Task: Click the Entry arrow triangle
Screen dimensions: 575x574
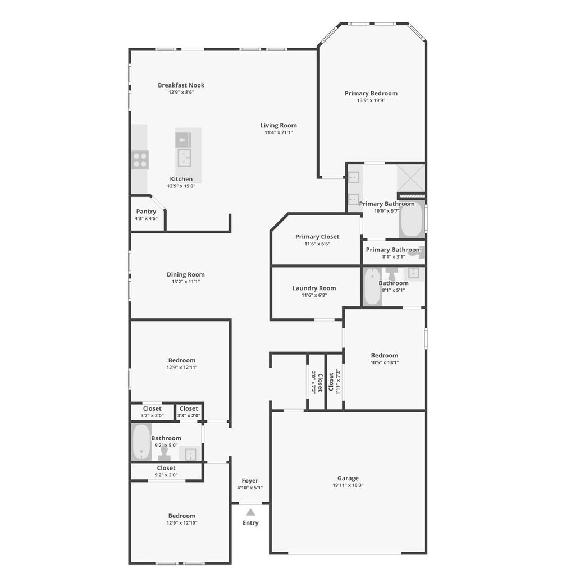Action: [x=250, y=512]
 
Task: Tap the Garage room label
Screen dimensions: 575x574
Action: [x=348, y=478]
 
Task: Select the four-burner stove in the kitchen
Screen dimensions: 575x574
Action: [x=140, y=160]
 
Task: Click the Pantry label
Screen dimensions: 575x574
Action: [x=146, y=212]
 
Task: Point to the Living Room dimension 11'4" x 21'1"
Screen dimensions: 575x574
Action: [x=279, y=132]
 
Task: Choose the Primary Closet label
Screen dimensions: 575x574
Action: [x=317, y=237]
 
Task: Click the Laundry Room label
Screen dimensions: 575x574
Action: [x=314, y=288]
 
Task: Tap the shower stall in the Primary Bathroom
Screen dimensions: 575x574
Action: [x=410, y=178]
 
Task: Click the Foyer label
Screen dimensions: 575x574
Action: [x=250, y=480]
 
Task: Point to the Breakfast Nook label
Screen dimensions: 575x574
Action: [x=181, y=85]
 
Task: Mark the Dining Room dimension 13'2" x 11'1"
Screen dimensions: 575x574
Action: [x=186, y=282]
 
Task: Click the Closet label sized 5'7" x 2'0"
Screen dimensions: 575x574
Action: [x=152, y=408]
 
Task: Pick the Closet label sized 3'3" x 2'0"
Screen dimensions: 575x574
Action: [x=189, y=408]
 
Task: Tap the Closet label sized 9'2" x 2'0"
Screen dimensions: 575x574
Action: [x=166, y=468]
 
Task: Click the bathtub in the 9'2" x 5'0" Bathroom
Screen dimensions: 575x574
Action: [x=141, y=442]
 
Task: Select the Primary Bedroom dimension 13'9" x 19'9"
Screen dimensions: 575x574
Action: [x=371, y=100]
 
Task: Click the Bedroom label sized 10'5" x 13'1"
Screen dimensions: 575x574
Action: [x=384, y=356]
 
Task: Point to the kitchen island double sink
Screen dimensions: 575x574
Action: [x=184, y=158]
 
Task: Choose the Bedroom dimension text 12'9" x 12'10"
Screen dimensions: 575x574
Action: [x=182, y=523]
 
